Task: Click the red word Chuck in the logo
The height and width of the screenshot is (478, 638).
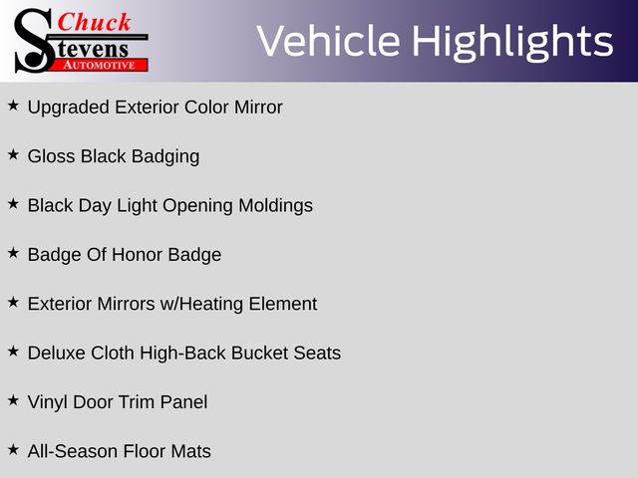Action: click(95, 22)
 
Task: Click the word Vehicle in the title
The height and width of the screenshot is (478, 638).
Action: click(328, 41)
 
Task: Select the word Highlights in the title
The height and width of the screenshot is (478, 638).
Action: click(512, 42)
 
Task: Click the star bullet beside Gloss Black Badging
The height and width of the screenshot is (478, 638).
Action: click(13, 154)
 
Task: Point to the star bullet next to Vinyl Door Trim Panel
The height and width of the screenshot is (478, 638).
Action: click(13, 400)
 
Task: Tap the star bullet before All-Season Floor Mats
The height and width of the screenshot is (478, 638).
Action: click(13, 449)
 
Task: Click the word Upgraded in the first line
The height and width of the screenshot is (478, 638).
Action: click(69, 108)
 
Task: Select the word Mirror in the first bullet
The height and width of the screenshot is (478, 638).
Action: click(258, 108)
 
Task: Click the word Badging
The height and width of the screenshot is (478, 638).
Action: click(165, 157)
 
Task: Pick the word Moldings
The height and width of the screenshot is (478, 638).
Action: click(275, 206)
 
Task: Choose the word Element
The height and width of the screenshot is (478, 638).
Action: click(283, 304)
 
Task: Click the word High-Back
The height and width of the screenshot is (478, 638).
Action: click(182, 354)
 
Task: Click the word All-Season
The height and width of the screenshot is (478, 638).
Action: click(73, 451)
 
